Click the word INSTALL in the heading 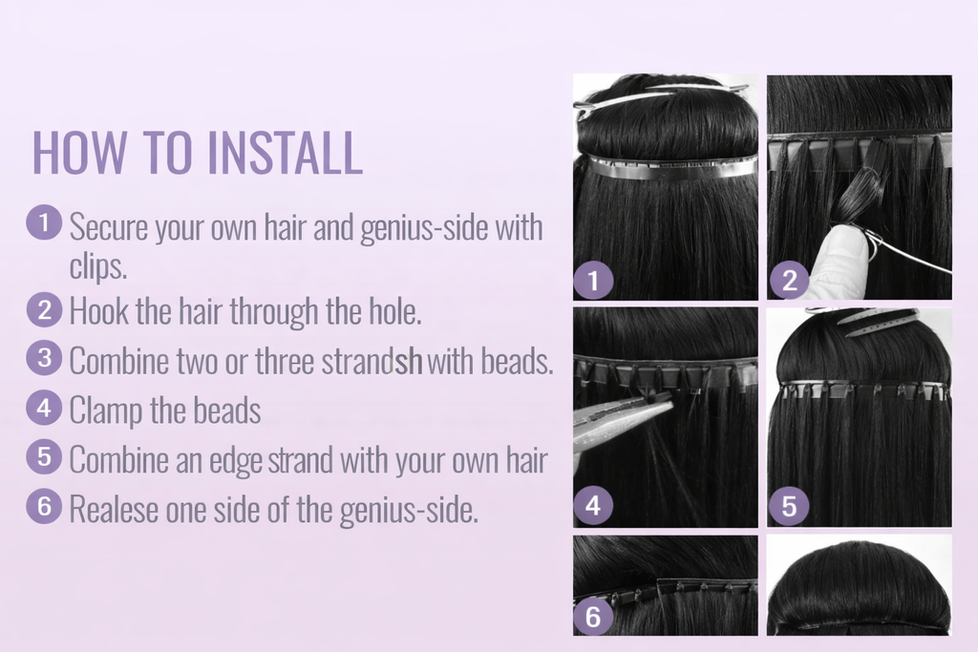pos(285,153)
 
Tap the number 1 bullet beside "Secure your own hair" pos(44,223)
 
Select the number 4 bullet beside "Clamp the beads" pos(44,408)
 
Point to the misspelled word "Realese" pos(113,510)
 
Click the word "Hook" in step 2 pos(98,310)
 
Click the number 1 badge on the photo pos(593,281)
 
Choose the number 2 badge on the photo pos(788,281)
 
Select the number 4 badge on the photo pos(593,506)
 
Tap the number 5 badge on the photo pos(788,506)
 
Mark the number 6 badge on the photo pos(593,617)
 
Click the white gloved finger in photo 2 pos(831,253)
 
